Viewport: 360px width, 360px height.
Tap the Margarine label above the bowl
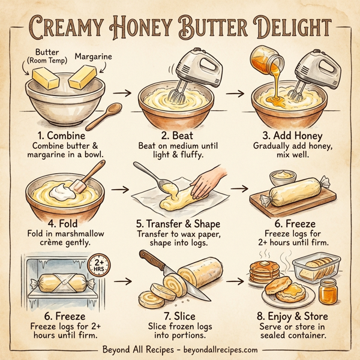click(93, 57)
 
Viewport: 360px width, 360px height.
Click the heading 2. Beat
click(179, 136)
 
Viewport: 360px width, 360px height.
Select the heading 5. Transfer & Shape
click(179, 224)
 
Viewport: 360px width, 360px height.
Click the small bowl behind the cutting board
click(283, 178)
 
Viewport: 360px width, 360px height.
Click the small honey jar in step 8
click(327, 290)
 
